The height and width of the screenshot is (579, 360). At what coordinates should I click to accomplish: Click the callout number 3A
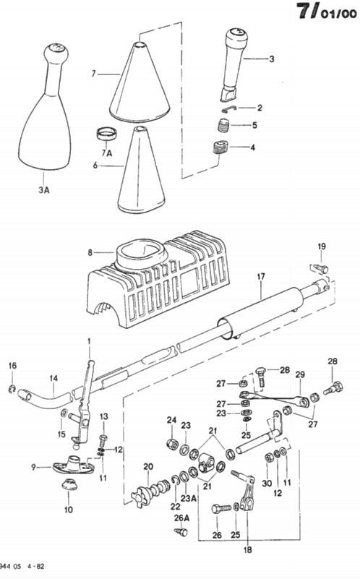tap(43, 190)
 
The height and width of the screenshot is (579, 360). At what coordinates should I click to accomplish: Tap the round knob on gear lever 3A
tap(56, 53)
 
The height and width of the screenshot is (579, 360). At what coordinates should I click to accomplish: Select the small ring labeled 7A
tap(108, 133)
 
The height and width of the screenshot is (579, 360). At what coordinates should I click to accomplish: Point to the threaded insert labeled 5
tap(223, 125)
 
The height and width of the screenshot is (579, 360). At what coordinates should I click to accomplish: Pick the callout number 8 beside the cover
tap(90, 253)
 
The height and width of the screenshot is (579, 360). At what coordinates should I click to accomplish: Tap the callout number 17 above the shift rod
tap(261, 276)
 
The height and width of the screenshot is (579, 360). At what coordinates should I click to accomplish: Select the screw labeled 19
tap(319, 268)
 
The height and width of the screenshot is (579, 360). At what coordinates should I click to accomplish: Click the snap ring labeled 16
tap(12, 388)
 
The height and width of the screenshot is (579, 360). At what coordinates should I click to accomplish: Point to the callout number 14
tap(54, 378)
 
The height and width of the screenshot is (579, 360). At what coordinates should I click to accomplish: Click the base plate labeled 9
tap(74, 466)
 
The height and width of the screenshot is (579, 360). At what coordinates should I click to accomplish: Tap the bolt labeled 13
tap(103, 440)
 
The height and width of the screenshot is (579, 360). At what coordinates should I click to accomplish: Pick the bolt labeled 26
tap(220, 509)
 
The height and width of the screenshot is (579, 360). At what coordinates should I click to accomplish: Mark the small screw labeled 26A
tap(181, 532)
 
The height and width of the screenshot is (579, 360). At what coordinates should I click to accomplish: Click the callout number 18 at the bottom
tap(248, 550)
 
